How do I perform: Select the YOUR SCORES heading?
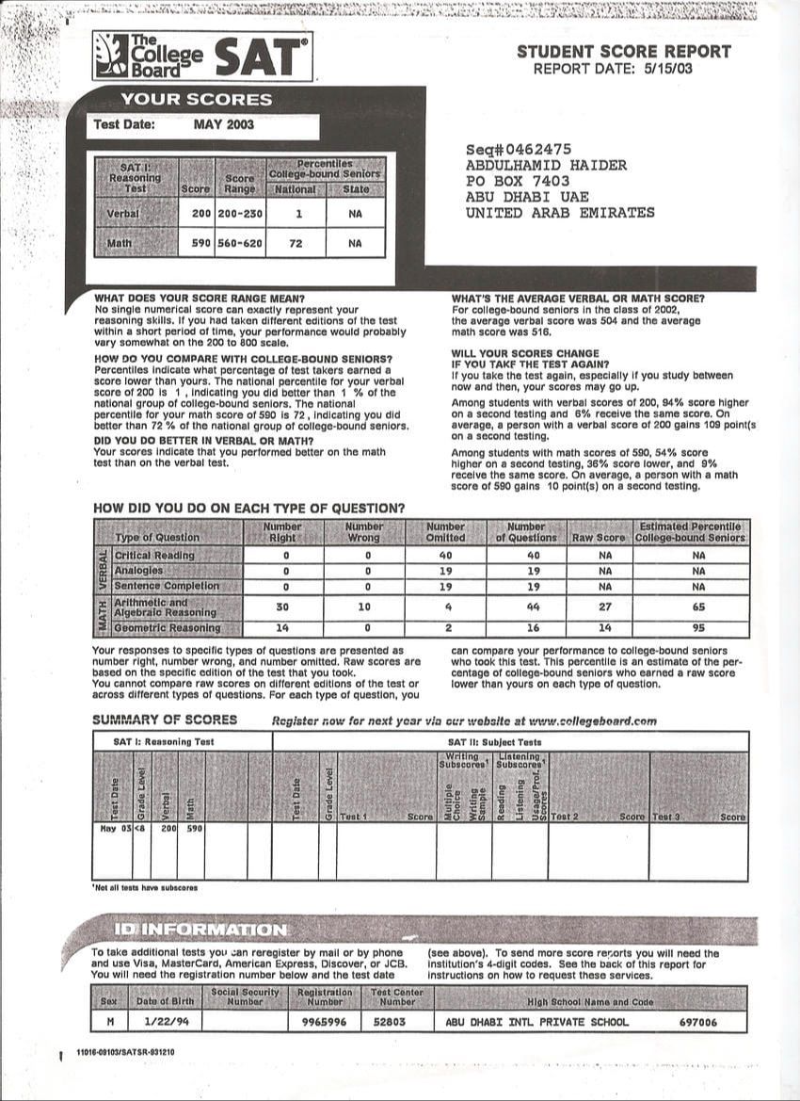(196, 100)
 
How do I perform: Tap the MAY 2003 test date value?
(223, 124)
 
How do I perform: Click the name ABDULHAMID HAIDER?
(546, 166)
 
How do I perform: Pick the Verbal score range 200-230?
(240, 214)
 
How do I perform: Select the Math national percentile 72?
(298, 244)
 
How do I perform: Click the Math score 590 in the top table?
(200, 244)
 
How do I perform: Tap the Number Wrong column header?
(364, 532)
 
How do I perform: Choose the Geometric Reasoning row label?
(168, 628)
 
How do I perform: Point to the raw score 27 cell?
(604, 607)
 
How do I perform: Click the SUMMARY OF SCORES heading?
(165, 721)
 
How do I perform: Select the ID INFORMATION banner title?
(200, 930)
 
